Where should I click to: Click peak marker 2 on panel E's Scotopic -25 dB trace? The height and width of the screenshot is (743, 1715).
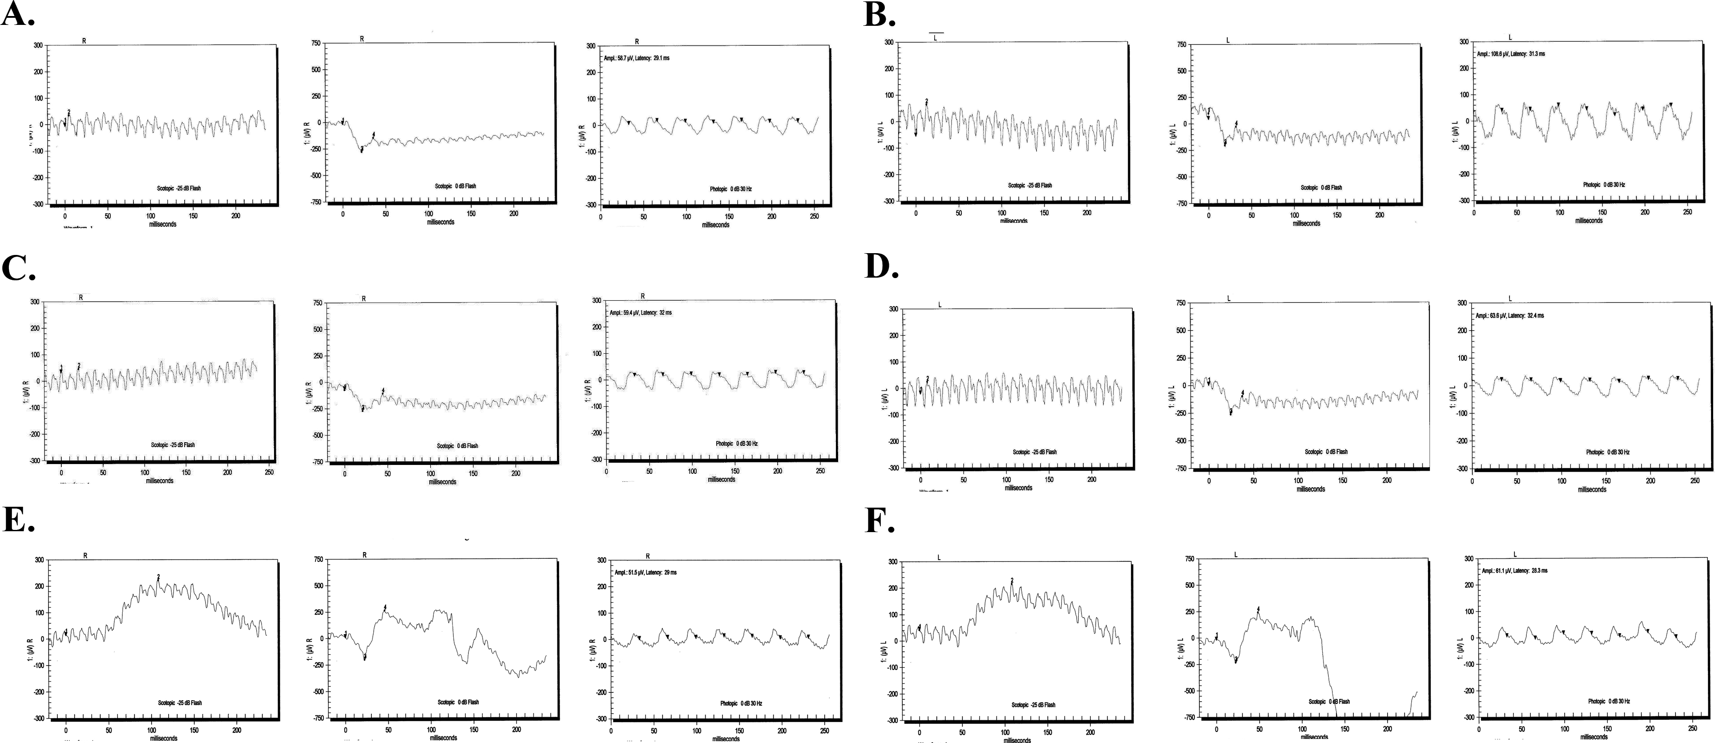click(158, 577)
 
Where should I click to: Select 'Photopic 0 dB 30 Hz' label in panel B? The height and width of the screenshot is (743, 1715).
click(1604, 185)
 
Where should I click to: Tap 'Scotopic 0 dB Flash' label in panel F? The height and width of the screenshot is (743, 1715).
click(1329, 702)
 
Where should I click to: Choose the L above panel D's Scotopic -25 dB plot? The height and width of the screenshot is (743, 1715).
click(940, 305)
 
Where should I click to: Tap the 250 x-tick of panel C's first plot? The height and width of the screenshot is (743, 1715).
click(269, 472)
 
